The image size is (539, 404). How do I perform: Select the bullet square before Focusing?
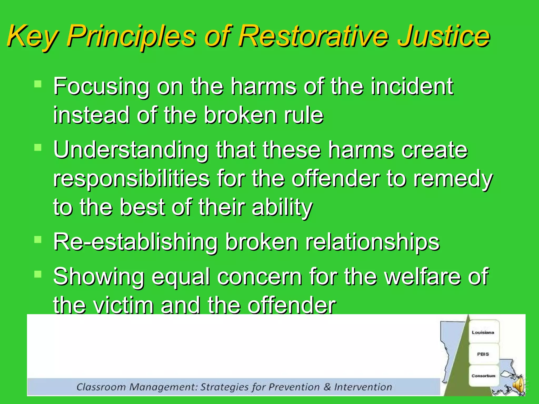pyautogui.click(x=38, y=84)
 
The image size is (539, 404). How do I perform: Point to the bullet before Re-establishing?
pyautogui.click(x=38, y=239)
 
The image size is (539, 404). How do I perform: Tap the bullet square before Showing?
pyautogui.click(x=38, y=274)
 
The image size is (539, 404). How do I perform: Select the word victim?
pyautogui.click(x=124, y=306)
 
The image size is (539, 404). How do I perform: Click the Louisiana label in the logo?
pyautogui.click(x=483, y=332)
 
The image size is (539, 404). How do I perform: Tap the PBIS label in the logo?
pyautogui.click(x=483, y=354)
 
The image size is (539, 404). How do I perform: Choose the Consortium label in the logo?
pyautogui.click(x=483, y=376)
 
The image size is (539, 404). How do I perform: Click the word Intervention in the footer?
pyautogui.click(x=363, y=387)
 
